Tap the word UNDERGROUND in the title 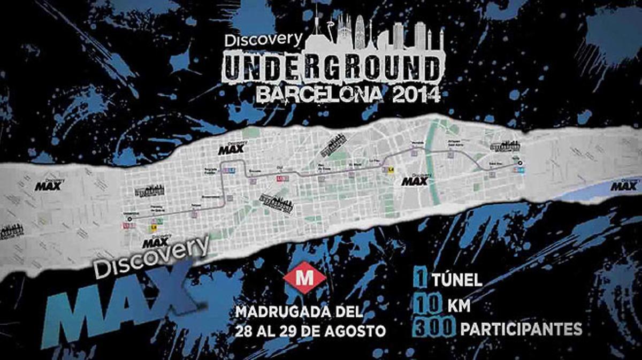click(332, 68)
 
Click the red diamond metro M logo click(304, 278)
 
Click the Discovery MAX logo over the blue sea click(624, 185)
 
